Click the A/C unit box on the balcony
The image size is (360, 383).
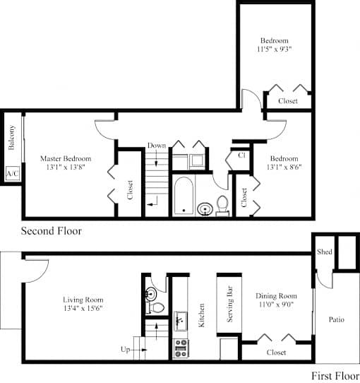13,173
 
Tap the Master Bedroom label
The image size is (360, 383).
66,158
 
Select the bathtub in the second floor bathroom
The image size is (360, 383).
184,196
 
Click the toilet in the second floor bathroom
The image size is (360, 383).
222,206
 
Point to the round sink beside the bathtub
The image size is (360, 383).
205,209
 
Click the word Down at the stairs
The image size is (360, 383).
157,146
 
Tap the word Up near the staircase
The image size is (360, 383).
125,350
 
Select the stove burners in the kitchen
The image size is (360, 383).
181,349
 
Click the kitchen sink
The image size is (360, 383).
181,321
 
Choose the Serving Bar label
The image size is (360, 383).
229,304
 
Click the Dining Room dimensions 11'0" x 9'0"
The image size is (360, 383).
276,305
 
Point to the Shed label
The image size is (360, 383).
325,252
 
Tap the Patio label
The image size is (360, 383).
336,319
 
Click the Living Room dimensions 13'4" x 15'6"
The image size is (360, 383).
83,308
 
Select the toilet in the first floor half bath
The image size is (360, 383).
155,307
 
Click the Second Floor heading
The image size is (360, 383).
52,231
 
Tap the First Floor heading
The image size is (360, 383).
335,375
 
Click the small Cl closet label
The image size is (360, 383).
241,155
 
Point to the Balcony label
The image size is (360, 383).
11,138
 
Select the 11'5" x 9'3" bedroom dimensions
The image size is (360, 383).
275,49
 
